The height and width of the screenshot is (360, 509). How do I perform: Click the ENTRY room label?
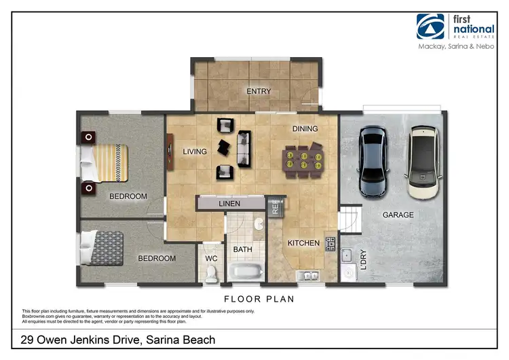pos(259,92)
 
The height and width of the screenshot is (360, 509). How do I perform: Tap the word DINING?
pos(305,128)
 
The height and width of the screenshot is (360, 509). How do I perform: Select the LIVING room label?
pos(195,151)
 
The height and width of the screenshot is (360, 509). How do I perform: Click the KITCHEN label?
pos(303,242)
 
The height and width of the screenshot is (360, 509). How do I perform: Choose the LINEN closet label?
pos(229,203)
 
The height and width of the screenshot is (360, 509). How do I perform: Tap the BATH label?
pos(243,249)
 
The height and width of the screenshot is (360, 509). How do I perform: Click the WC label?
pos(210,259)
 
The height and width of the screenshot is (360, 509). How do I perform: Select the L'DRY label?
pos(364,260)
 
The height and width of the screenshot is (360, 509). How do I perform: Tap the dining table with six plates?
pos(303,161)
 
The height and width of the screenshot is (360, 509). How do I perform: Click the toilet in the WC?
pos(211,273)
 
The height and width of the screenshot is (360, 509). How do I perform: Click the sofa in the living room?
pos(243,149)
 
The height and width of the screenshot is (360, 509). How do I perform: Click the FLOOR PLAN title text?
pos(258,298)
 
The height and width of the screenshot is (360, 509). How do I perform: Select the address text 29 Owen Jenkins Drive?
pos(119,340)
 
